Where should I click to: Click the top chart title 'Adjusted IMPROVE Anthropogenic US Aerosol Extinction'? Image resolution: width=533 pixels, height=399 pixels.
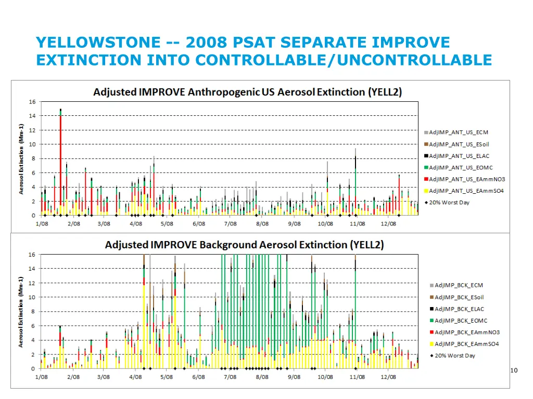click(x=247, y=92)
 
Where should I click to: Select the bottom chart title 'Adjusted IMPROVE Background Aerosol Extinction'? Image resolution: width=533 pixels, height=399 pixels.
click(x=244, y=245)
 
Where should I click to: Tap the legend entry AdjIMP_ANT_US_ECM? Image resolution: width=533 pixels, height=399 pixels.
click(x=458, y=132)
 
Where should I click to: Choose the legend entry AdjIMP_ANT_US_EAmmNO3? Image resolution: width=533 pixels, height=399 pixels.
click(x=466, y=179)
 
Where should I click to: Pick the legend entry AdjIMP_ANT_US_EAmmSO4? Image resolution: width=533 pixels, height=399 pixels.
click(x=466, y=191)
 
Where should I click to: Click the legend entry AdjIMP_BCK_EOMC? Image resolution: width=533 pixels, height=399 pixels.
click(x=461, y=321)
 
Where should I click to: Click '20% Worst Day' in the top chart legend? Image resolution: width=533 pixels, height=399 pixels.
click(x=449, y=203)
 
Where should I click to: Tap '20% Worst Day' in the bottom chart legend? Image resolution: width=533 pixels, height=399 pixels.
click(x=454, y=356)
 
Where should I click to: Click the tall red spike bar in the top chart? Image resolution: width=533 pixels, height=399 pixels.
click(x=61, y=156)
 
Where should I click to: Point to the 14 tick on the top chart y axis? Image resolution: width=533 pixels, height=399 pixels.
click(x=32, y=116)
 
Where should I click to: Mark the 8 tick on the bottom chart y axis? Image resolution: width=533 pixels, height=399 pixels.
click(x=33, y=312)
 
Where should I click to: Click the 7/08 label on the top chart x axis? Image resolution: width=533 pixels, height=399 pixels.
click(x=230, y=223)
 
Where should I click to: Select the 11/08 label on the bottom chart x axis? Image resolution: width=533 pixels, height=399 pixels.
click(x=357, y=377)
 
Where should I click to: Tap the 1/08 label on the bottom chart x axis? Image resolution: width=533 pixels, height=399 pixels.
click(x=42, y=377)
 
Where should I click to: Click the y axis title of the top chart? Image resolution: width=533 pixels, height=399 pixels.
click(x=21, y=159)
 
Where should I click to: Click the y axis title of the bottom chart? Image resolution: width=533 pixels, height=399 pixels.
click(x=21, y=312)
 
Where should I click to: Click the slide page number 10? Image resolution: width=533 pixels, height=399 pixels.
click(x=514, y=370)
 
